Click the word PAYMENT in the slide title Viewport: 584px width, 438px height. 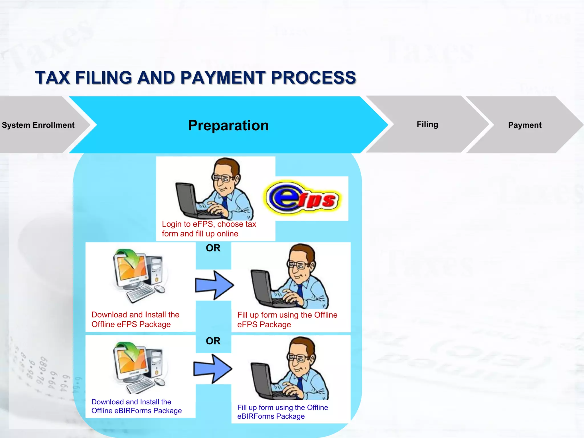pos(223,78)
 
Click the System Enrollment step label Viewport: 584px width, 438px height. pos(38,125)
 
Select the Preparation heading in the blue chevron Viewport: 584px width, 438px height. pos(228,125)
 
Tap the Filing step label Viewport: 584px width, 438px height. pos(427,124)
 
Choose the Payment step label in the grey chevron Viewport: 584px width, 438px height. pos(524,125)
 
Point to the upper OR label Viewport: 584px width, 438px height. pos(213,248)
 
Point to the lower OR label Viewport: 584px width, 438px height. pos(213,341)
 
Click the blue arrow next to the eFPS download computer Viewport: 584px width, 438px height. pos(214,285)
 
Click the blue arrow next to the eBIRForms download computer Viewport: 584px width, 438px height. pos(213,369)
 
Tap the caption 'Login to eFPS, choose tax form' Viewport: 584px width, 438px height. pos(209,229)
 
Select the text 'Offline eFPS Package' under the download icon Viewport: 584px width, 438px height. pos(131,325)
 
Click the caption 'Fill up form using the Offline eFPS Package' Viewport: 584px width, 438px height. pos(287,320)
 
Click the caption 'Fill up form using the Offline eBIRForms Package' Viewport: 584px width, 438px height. pos(282,412)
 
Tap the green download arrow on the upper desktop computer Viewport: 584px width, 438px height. pos(132,258)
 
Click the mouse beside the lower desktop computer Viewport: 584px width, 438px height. pos(160,382)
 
